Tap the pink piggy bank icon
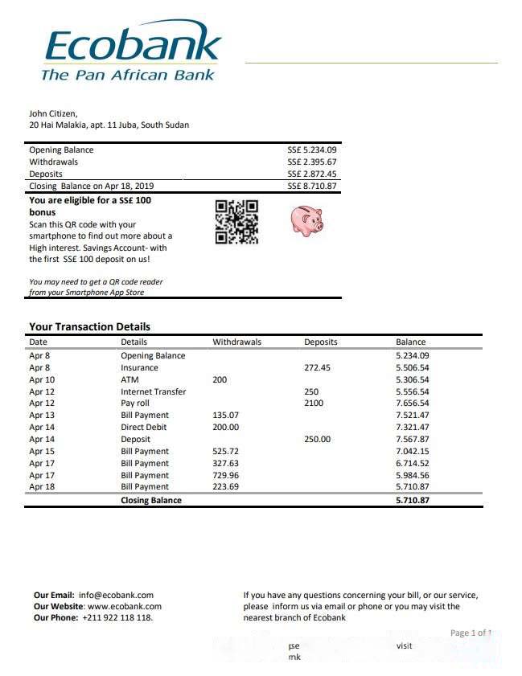coord(306,219)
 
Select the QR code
coord(236,222)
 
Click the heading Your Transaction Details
coord(89,326)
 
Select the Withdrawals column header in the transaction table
coord(236,342)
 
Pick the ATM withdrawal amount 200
coord(220,379)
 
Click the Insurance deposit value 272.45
coord(317,367)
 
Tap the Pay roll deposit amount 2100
coord(314,403)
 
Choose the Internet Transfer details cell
coord(153,391)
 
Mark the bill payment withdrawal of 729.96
coord(225,474)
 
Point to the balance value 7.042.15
coord(412,451)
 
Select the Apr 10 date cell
coord(42,379)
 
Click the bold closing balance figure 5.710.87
coord(413,500)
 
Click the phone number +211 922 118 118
coord(117,617)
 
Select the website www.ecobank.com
coord(124,606)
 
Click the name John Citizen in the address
coord(53,113)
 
